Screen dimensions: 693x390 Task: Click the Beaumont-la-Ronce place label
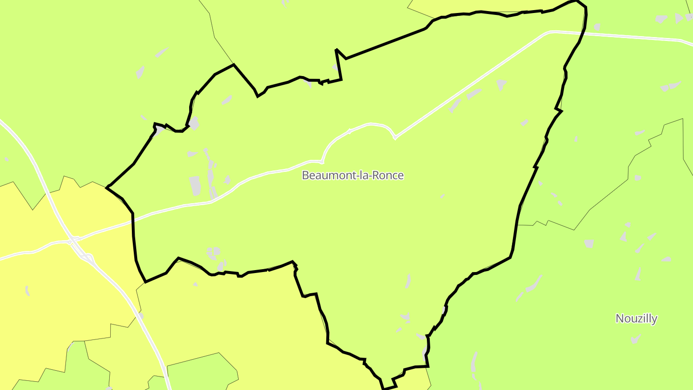(353, 175)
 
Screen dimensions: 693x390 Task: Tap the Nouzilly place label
(636, 318)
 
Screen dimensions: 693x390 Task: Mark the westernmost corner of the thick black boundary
(106, 187)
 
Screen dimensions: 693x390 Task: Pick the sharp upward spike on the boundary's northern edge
(336, 50)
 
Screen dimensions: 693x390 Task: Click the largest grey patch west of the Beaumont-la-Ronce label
(195, 186)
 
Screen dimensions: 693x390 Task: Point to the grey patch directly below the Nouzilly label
(636, 339)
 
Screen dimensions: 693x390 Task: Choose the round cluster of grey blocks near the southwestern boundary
(213, 252)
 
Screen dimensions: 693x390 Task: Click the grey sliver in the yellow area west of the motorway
(27, 290)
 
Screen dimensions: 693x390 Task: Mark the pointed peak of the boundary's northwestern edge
(233, 65)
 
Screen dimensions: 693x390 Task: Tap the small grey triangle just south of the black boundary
(195, 284)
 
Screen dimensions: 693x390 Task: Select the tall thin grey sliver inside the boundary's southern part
(408, 281)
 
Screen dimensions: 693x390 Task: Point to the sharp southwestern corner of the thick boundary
(145, 282)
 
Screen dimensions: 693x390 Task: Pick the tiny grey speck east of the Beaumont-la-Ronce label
(442, 196)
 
